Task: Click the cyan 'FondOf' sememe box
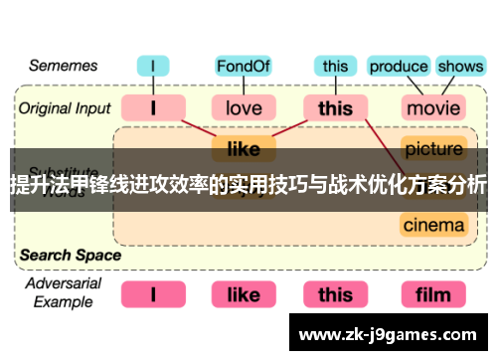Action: (x=244, y=68)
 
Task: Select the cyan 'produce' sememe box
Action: (x=398, y=68)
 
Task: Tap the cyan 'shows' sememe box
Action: (x=459, y=68)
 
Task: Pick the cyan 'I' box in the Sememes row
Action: (x=153, y=68)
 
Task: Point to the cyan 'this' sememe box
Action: (x=336, y=68)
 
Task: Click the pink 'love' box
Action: (x=244, y=106)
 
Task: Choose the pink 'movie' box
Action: (x=434, y=106)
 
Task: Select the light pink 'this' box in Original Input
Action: (x=336, y=106)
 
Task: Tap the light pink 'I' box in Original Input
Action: (x=153, y=106)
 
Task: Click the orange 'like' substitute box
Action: (x=244, y=149)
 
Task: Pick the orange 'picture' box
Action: (x=434, y=149)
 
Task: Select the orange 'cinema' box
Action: (x=434, y=225)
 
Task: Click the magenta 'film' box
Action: (x=434, y=294)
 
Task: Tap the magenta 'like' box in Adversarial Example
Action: (x=244, y=294)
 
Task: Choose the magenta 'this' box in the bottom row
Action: (x=336, y=294)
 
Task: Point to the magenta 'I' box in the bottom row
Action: (x=153, y=294)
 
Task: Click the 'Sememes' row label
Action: (x=62, y=66)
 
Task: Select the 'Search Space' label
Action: (x=70, y=255)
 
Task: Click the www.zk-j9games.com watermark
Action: (x=392, y=334)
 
